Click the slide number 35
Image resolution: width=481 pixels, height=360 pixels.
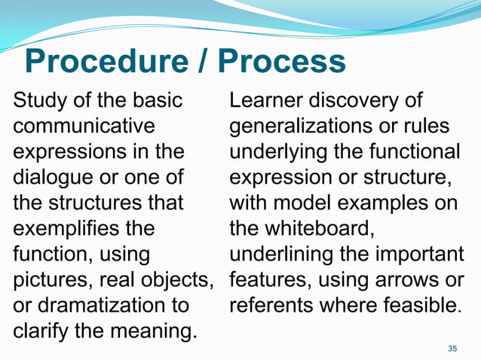452,347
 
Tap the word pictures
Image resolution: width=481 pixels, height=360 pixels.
53,280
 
